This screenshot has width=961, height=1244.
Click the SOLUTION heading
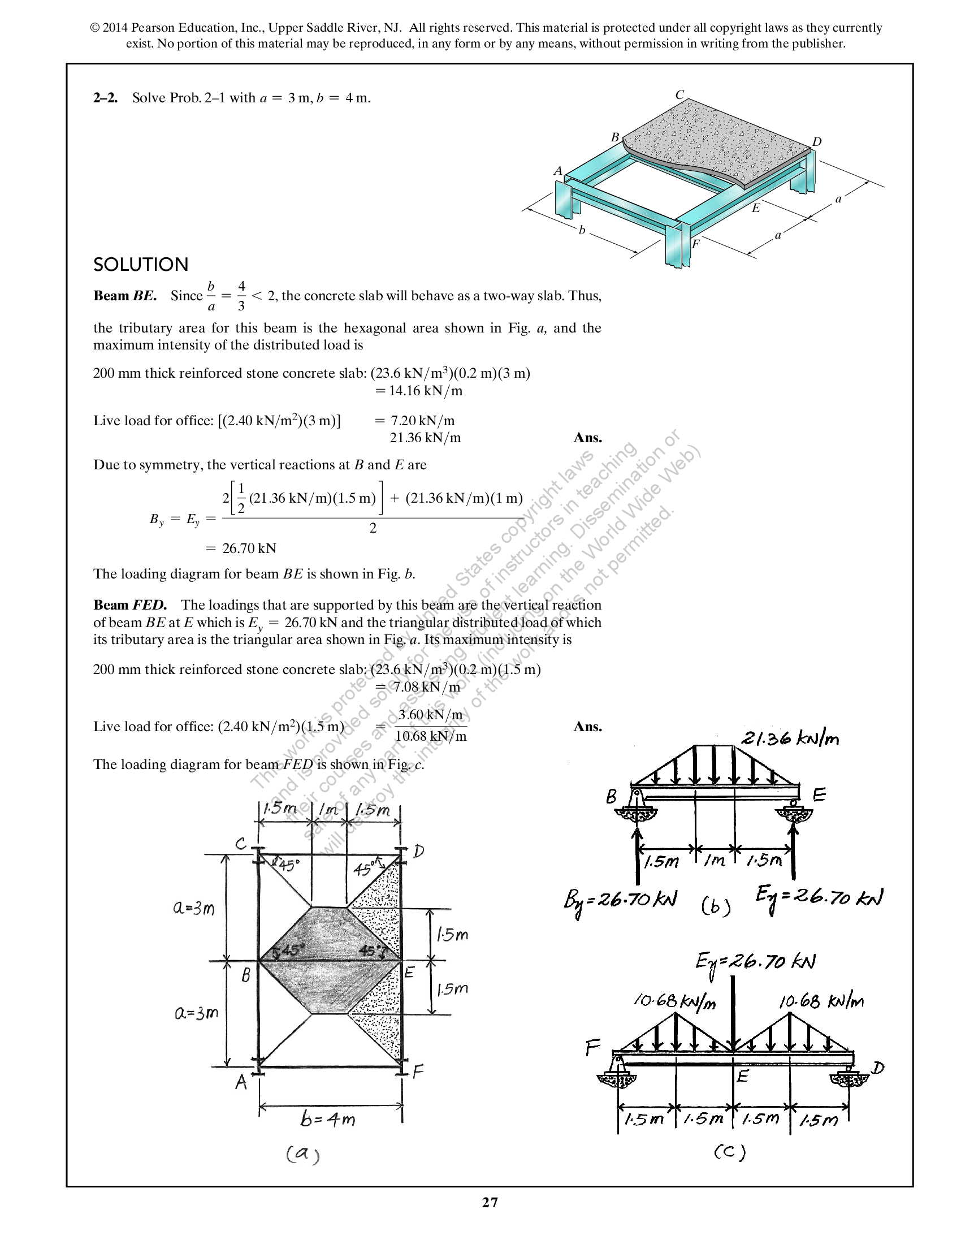[x=141, y=265]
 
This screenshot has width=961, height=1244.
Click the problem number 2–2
[x=105, y=98]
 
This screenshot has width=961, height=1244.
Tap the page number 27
[x=490, y=1202]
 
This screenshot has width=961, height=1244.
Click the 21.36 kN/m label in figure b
[x=790, y=739]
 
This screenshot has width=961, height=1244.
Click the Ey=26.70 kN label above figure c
[x=755, y=962]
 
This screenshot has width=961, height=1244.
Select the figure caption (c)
[x=729, y=1152]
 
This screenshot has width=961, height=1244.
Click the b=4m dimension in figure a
[x=327, y=1120]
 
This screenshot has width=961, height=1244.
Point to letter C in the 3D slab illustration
[x=679, y=95]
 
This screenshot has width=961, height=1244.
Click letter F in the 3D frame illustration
[x=695, y=244]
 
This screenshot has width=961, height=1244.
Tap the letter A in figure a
[x=241, y=1082]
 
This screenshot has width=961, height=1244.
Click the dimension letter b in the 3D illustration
[x=581, y=231]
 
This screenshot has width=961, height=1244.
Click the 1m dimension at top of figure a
[x=328, y=809]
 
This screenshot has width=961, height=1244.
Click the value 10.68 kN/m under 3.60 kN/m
[x=430, y=736]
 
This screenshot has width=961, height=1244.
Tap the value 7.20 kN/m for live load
[x=422, y=421]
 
